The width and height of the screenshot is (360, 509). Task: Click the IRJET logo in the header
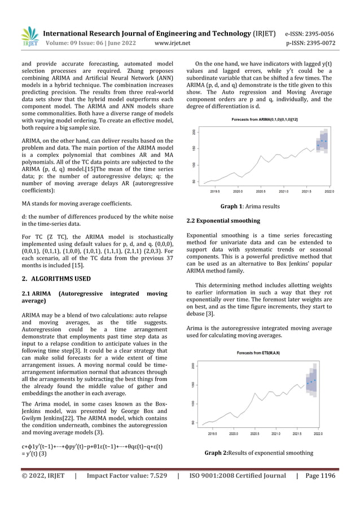[29, 37]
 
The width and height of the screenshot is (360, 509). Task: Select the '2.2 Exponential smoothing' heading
[223, 221]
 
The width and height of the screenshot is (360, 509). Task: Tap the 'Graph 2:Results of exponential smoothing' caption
[258, 453]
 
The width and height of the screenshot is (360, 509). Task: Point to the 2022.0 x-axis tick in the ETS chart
[318, 435]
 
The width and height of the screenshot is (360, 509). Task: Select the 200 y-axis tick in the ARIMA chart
[195, 132]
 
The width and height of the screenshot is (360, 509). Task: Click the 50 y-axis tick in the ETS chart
[195, 422]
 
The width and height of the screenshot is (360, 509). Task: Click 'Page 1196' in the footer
[319, 476]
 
